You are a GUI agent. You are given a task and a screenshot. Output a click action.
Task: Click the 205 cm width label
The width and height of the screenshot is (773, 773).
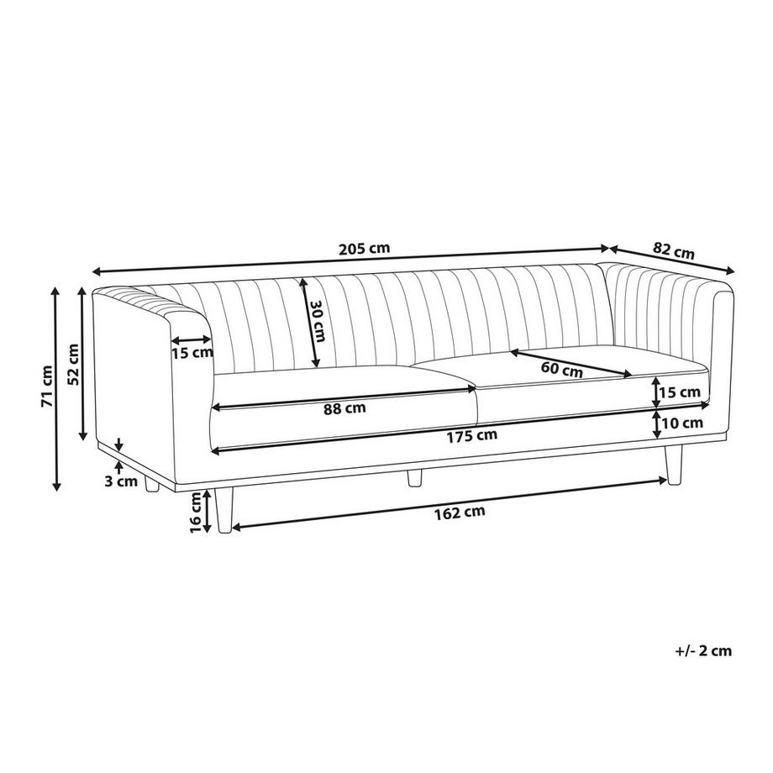pos(365,248)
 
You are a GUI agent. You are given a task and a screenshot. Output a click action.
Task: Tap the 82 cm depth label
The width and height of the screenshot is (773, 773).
pos(673,251)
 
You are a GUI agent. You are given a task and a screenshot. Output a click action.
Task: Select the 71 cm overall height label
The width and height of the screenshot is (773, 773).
pos(47,386)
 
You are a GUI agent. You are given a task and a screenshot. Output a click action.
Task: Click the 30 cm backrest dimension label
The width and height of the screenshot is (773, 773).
pos(317,321)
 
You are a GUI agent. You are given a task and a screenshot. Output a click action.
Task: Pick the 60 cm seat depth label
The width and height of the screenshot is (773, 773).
pos(561,369)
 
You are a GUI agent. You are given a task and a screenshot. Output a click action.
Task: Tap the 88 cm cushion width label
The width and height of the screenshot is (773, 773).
pos(344,408)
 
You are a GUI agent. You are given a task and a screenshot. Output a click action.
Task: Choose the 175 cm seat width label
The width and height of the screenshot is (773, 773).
pos(472,436)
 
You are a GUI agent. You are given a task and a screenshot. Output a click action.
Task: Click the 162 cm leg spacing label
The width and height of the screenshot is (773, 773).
pos(460,513)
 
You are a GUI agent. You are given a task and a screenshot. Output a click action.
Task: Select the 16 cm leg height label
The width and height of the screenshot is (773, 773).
pos(197,513)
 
